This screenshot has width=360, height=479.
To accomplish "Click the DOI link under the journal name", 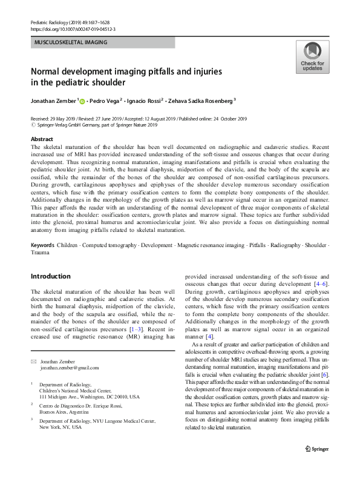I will pos(73,28).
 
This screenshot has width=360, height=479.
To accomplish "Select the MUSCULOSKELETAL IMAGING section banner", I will pos(102,42).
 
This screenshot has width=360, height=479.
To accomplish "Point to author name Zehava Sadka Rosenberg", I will pos(203,101).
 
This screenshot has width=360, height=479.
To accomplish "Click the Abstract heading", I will pos(42,139).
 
